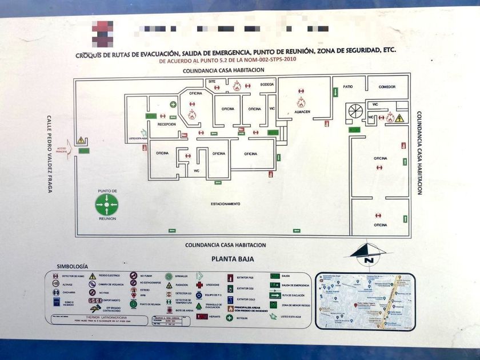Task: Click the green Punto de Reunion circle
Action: tap(107, 203)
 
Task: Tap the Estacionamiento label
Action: tap(225, 204)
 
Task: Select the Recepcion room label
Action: tap(166, 124)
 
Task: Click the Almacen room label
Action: tap(302, 112)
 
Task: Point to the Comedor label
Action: tap(387, 87)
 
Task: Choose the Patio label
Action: tap(347, 87)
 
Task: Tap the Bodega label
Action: tap(267, 85)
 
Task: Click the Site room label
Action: tap(212, 82)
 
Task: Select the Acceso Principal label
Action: tap(62, 150)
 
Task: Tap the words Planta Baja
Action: tap(233, 259)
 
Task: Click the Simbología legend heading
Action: tap(73, 266)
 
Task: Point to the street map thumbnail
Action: tap(365, 301)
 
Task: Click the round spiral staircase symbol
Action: tap(355, 111)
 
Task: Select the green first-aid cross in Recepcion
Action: tap(173, 105)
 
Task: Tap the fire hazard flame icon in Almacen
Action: tap(301, 102)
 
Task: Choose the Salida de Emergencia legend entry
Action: tap(295, 285)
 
